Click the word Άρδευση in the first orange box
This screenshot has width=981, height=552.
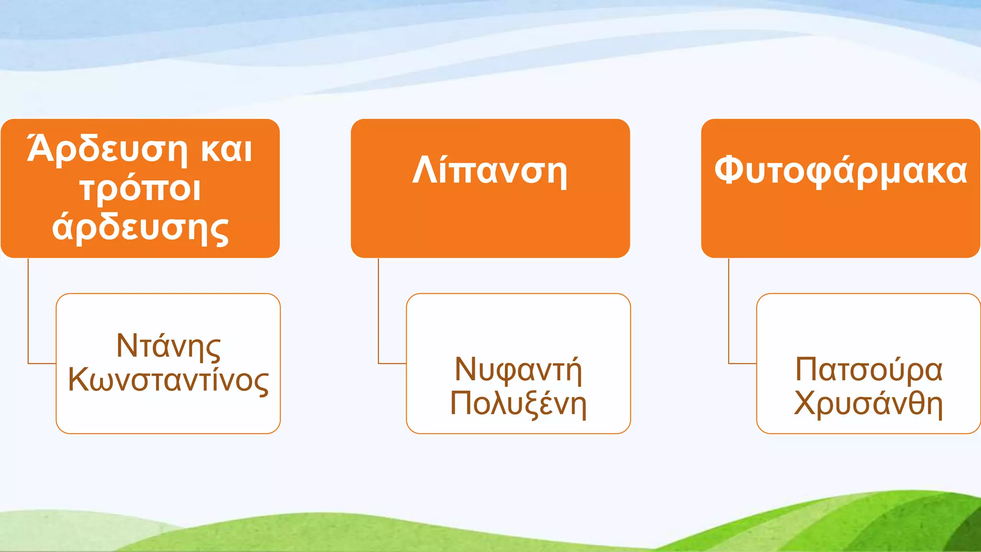(107, 149)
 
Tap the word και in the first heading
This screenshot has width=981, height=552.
(227, 149)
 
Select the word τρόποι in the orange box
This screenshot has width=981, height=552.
(140, 189)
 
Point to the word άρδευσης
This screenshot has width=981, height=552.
(140, 228)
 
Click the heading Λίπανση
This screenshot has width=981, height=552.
(490, 171)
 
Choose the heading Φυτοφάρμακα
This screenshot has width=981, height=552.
(841, 171)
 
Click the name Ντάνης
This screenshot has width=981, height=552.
(168, 346)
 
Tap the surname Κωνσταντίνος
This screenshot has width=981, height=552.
(168, 379)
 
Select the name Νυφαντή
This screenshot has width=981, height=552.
(518, 369)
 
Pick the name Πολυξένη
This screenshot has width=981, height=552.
(518, 403)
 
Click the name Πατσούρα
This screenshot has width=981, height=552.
(868, 369)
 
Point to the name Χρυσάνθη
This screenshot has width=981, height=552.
(868, 403)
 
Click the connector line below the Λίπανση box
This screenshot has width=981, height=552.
(378, 311)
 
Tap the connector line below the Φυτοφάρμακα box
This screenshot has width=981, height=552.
(729, 311)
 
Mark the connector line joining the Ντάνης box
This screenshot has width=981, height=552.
(28, 311)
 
